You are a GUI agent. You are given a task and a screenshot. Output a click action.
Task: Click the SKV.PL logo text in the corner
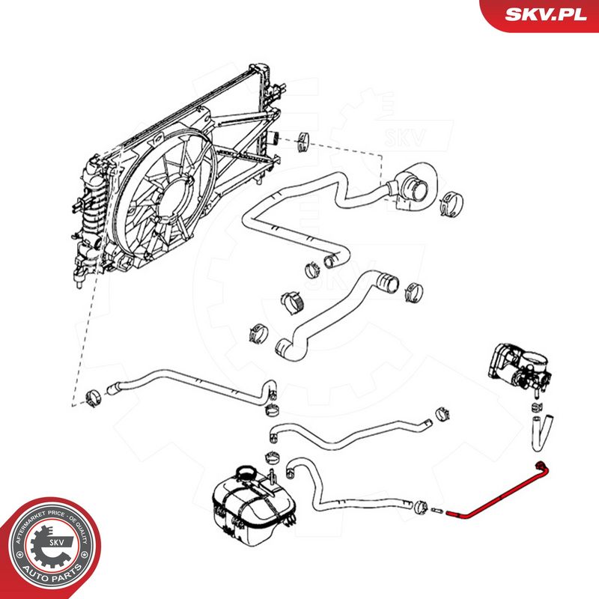pos(546,14)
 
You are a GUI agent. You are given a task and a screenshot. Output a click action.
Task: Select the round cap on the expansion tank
pos(247,474)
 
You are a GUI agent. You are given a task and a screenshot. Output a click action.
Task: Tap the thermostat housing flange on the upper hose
pos(416,187)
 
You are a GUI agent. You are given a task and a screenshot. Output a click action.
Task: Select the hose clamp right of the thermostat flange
pos(451,203)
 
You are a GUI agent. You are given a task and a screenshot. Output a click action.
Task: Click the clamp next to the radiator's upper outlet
pos(305,142)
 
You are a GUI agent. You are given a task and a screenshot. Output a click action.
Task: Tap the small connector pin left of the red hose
pos(436,511)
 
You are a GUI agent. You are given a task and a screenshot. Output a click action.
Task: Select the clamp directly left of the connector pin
pos(421,507)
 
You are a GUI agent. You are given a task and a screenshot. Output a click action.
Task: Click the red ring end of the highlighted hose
pos(541,466)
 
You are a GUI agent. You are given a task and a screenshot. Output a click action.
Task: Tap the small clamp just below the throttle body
pos(538,406)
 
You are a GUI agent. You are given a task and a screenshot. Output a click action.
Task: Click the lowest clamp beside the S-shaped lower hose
pos(258,332)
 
